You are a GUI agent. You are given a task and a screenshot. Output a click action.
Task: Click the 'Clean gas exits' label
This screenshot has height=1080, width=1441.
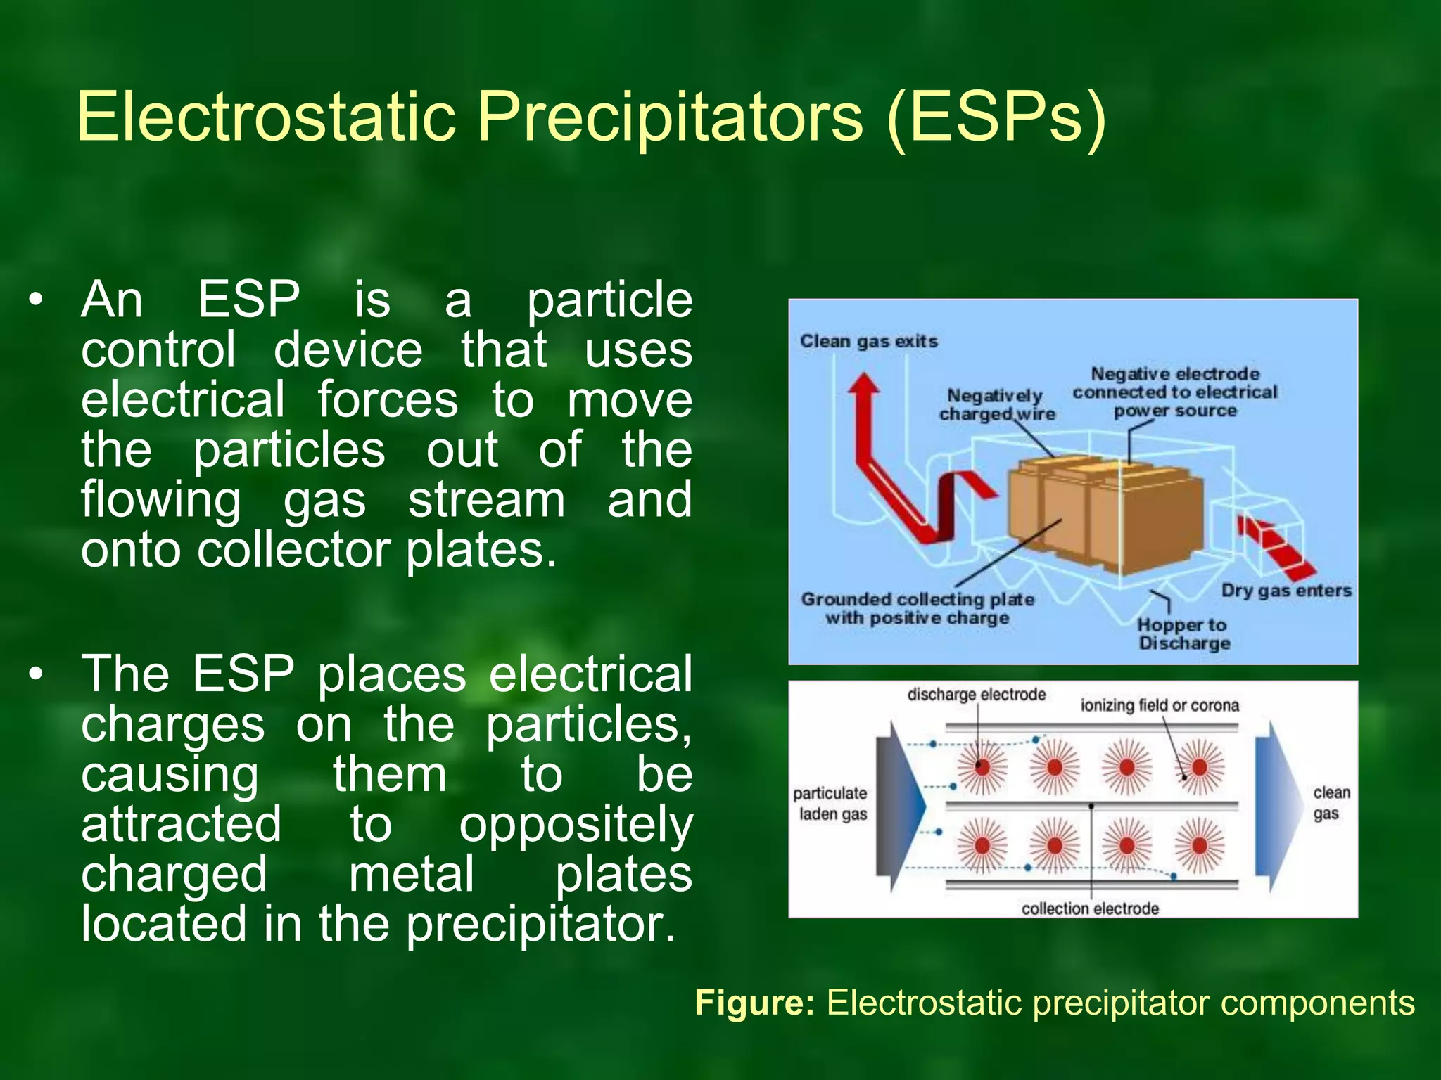(868, 341)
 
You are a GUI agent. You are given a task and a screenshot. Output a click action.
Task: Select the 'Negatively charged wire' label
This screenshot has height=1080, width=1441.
(996, 405)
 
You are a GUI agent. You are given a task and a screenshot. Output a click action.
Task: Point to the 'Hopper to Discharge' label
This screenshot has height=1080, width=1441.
(1183, 634)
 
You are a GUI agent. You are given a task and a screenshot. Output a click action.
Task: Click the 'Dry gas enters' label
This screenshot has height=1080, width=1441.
(1286, 591)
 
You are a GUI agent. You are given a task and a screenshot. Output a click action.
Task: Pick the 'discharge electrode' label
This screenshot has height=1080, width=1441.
(976, 695)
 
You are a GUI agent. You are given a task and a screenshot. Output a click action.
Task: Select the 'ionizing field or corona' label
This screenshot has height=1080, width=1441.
(1160, 705)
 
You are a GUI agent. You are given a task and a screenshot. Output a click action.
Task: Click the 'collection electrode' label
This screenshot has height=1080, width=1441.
(1090, 908)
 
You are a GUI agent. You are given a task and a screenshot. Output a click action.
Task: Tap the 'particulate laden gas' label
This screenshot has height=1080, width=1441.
(831, 804)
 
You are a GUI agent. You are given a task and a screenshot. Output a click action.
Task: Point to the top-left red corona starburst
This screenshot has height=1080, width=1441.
(982, 766)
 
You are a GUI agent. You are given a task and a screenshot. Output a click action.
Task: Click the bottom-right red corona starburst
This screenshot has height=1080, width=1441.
(1200, 845)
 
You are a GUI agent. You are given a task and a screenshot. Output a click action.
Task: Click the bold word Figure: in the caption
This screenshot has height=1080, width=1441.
(754, 1002)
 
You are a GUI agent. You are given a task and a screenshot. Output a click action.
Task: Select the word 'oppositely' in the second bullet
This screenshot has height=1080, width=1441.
(576, 825)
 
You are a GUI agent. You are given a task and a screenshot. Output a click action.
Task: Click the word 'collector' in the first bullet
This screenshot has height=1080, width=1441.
(293, 549)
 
